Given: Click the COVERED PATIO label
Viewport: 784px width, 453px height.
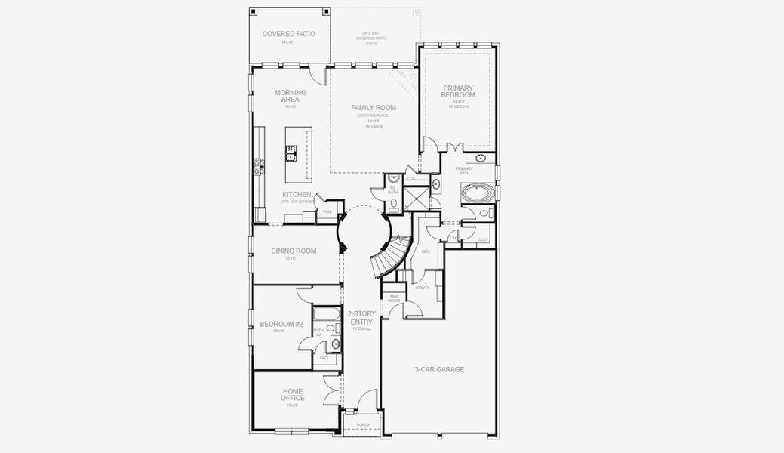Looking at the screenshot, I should pos(288,34).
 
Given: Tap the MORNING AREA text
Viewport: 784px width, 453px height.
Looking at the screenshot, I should pos(291,96).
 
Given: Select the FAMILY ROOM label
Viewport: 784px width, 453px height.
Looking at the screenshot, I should pos(374,108).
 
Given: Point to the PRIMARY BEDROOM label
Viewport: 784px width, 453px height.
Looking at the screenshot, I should pos(458,91).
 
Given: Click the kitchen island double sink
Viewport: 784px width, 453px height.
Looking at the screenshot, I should pos(291,153).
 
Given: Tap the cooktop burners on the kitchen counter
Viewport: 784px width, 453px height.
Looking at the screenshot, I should pos(258,167).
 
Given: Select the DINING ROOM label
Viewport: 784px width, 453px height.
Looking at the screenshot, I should pos(294,251).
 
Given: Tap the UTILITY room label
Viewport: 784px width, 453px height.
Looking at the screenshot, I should pos(422,288).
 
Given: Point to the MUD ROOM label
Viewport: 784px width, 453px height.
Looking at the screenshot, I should pos(393,299).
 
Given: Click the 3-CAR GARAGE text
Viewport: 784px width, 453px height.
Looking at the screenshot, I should pos(439,369).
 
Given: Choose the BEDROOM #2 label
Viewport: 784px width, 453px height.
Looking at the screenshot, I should pos(281,325).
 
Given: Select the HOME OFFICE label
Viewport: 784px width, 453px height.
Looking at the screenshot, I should pos(292,394).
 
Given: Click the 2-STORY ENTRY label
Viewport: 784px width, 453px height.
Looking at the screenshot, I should pos(360,317).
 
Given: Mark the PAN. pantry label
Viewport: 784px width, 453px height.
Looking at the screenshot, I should pos(327,212).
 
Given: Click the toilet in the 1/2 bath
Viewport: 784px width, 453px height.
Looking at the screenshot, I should pos(393,202).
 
